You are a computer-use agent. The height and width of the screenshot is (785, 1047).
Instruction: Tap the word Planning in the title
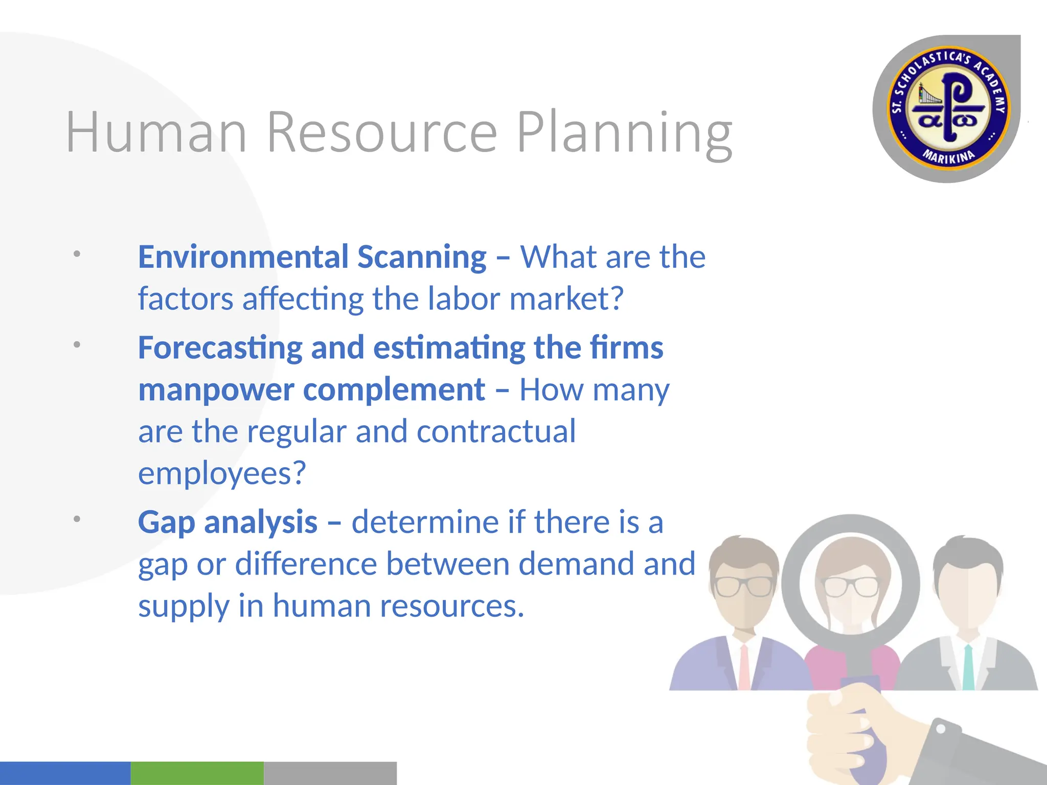[x=625, y=134]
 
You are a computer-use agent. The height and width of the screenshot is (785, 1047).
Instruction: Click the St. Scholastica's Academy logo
[x=946, y=109]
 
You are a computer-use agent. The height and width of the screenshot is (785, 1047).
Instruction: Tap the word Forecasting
[x=220, y=349]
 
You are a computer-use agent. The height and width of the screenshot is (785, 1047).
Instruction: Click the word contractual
[x=496, y=431]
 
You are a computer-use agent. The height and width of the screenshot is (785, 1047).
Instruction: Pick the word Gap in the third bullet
[x=166, y=523]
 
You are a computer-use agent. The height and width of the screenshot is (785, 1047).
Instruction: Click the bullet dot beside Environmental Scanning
[x=77, y=253]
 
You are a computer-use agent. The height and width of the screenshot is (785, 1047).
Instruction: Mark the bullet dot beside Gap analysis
[x=77, y=519]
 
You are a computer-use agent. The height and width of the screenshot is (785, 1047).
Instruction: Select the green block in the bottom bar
[x=197, y=773]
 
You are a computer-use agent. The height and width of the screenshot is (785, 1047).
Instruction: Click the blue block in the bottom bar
[x=65, y=773]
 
